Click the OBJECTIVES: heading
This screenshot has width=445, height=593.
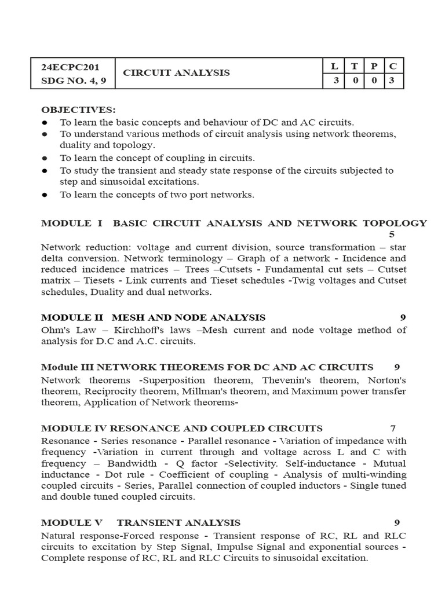click(78, 110)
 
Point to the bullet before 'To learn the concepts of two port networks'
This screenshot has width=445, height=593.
click(45, 195)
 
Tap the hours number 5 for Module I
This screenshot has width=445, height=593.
click(392, 235)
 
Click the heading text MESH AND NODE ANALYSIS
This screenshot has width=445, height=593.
click(188, 317)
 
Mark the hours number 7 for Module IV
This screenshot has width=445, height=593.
click(393, 428)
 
